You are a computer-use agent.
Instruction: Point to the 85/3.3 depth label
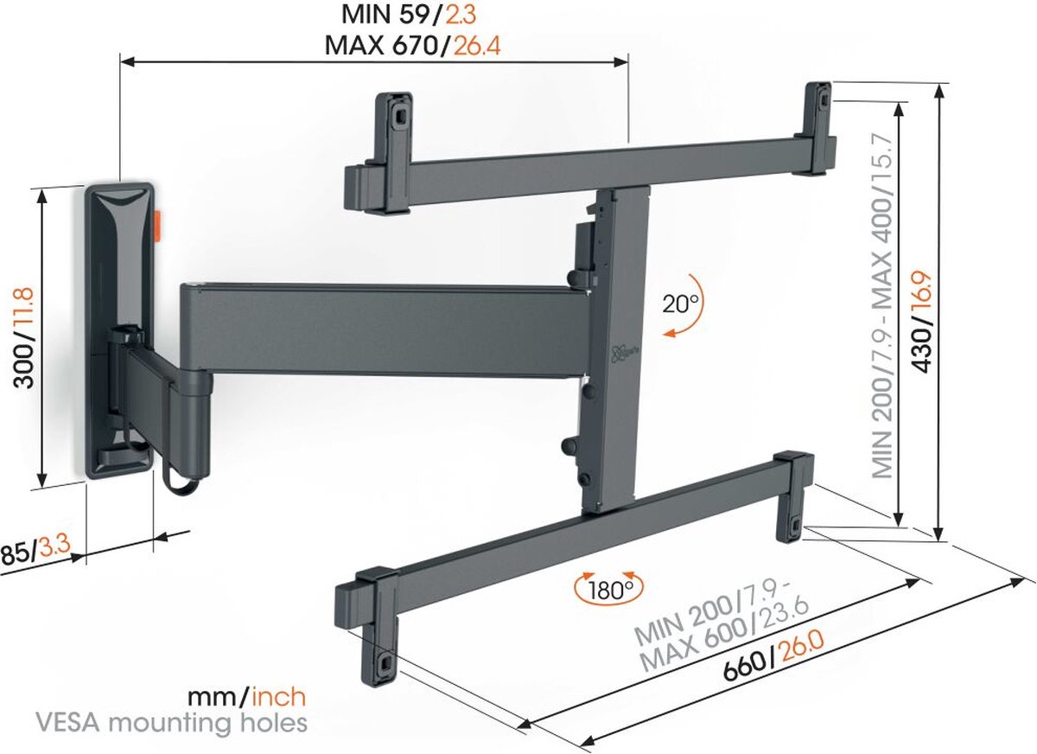coord(36,552)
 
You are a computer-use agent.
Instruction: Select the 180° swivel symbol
coord(611,590)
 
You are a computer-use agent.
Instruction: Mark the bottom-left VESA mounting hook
coord(381,661)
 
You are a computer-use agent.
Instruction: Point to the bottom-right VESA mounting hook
coord(793,521)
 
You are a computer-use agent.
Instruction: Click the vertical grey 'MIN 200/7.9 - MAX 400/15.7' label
coord(883,298)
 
